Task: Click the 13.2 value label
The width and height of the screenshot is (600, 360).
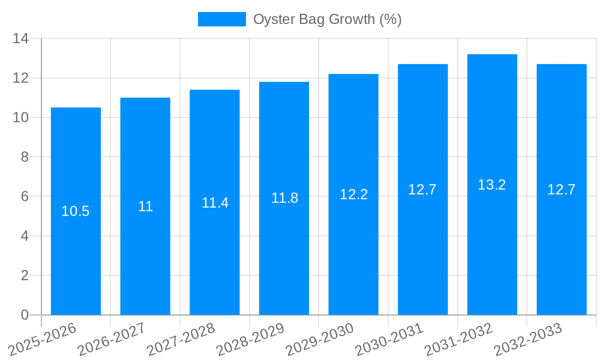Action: coord(492,185)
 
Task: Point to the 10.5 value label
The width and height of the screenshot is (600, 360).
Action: coord(76,211)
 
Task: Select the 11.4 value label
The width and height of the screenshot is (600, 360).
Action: coord(215,203)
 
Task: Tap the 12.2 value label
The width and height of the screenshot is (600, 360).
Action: coord(353,194)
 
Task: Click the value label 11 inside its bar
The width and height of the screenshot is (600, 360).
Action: coord(145,206)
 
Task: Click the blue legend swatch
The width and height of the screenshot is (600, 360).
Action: coord(221,19)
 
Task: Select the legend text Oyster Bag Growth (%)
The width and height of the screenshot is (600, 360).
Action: coord(327,19)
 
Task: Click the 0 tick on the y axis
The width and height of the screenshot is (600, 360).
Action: coord(25,315)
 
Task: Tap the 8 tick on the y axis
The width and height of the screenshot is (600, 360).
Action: coord(25,157)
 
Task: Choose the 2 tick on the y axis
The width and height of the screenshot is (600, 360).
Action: coord(25,275)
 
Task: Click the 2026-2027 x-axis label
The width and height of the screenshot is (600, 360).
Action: coord(112,339)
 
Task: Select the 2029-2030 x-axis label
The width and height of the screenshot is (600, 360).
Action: coord(320,339)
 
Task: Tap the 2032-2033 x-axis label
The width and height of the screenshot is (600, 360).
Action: coord(528,339)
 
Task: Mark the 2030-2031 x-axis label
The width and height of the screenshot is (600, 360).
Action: coord(389,339)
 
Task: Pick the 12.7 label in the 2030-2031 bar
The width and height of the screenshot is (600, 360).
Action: coord(422,190)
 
